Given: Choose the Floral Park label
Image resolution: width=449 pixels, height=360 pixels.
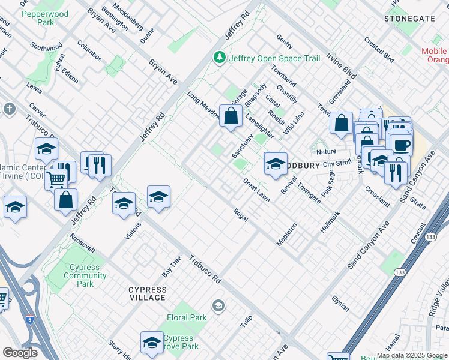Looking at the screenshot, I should [x=187, y=317].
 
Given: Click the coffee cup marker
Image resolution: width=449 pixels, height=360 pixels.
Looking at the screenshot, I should [x=400, y=145].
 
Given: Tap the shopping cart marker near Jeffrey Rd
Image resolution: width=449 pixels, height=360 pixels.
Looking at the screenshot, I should [x=56, y=178].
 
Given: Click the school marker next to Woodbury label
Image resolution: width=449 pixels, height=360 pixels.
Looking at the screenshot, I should [x=276, y=163].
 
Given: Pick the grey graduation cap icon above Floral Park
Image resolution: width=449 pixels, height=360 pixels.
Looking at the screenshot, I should [x=218, y=305].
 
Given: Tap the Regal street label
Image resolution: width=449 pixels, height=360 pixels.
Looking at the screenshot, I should [x=241, y=214].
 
